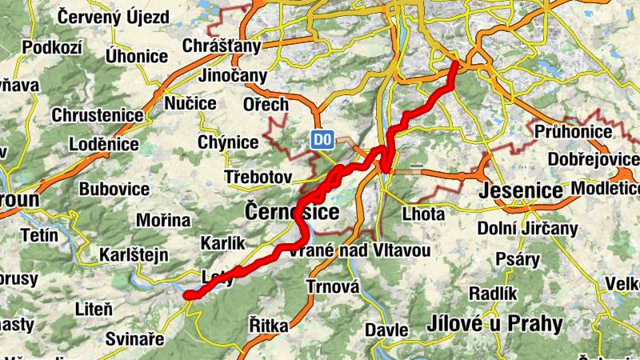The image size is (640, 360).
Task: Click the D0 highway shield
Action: [x=322, y=141]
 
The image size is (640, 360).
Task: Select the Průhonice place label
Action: [x=573, y=131]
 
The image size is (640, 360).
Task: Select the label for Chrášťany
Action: [x=222, y=46]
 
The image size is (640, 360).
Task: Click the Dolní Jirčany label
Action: [x=527, y=229]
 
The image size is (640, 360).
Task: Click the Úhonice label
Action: [x=137, y=57]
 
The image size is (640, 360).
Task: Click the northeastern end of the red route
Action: [x=456, y=63]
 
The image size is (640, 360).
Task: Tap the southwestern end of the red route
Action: [x=189, y=295]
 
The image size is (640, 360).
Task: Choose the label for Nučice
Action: [x=190, y=104]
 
